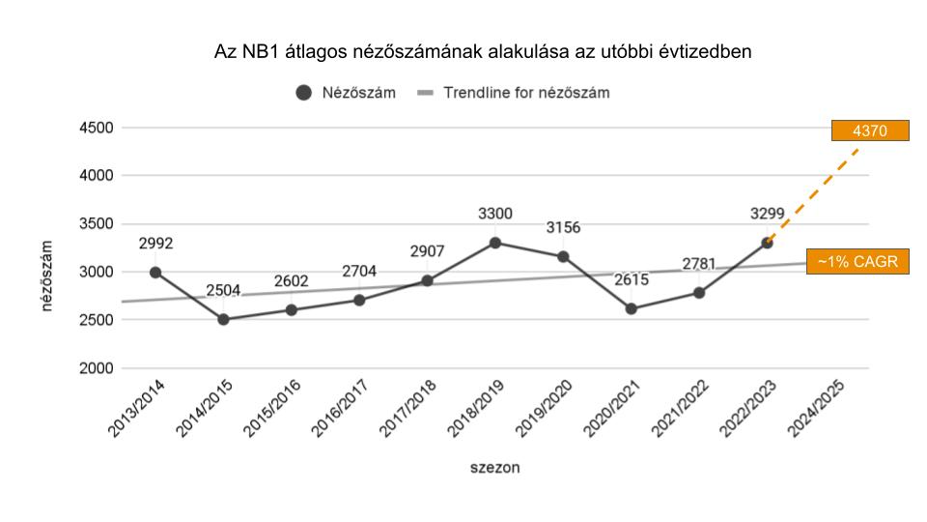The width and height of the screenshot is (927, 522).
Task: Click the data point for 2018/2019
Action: coord(495,243)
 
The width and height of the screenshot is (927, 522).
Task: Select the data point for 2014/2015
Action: coord(223,319)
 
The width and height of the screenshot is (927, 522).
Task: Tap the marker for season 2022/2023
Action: coord(767,243)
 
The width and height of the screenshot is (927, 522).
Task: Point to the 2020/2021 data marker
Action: coord(632,309)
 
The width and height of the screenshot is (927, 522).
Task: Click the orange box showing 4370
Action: coord(871,130)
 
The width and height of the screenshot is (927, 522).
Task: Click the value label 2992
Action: coord(155,244)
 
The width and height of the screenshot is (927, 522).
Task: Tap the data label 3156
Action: coord(563,228)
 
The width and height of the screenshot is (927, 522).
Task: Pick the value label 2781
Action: coord(700,264)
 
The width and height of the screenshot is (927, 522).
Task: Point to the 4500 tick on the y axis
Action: coord(96,128)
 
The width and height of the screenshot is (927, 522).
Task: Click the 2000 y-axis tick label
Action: coord(96,368)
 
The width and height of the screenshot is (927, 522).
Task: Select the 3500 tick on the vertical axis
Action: coord(96,224)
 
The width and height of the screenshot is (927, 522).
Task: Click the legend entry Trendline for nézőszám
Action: coord(526,93)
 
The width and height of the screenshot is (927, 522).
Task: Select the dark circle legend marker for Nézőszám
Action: coord(304,93)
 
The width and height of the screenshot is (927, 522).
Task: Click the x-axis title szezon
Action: coord(495,468)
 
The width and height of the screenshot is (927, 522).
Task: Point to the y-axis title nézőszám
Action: coord(46,276)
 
